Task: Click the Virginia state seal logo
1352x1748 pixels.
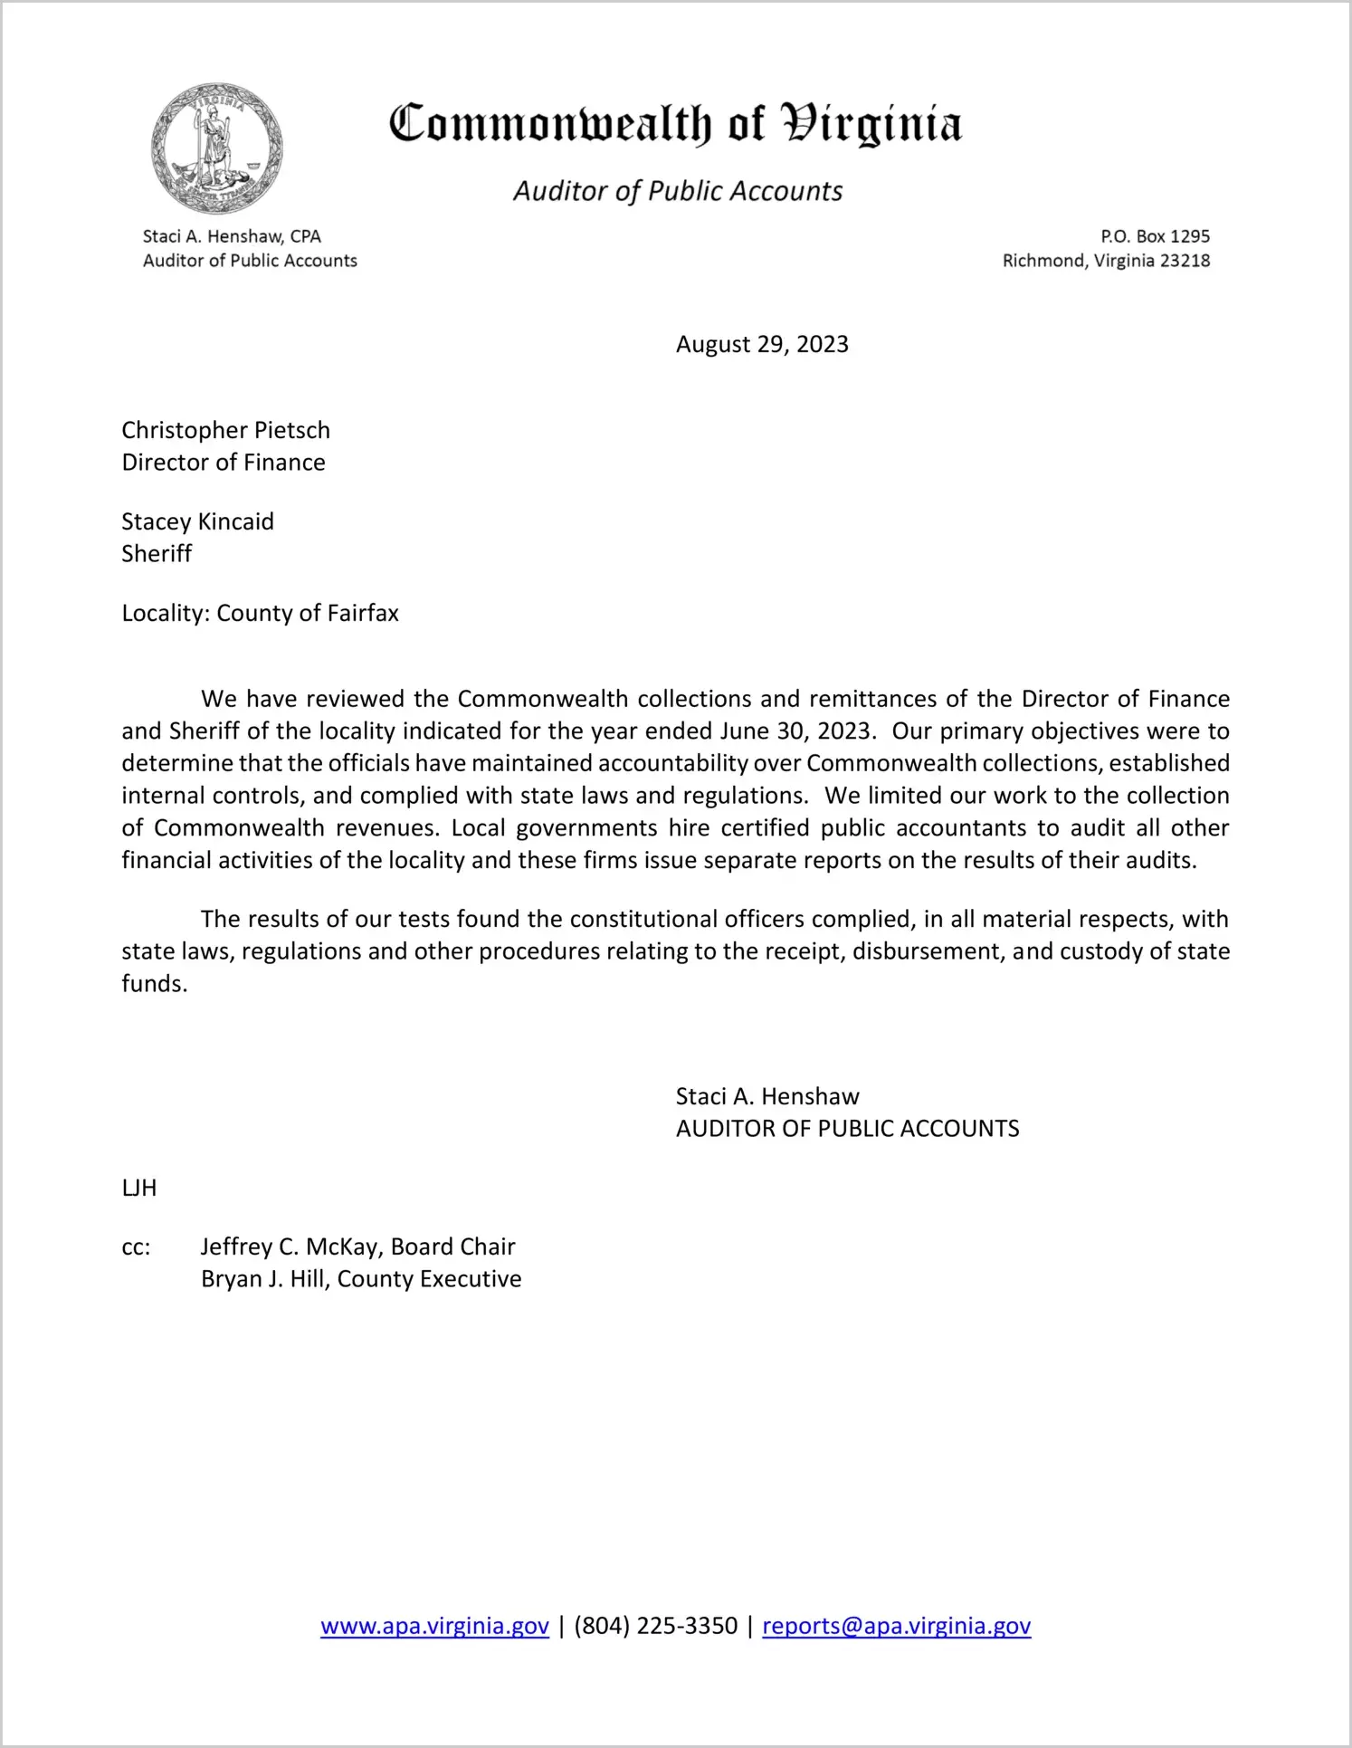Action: pyautogui.click(x=217, y=148)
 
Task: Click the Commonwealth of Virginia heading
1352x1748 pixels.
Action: pyautogui.click(x=675, y=124)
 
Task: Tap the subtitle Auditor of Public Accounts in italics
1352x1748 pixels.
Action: pyautogui.click(x=678, y=191)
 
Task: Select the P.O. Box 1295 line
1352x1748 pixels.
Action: pyautogui.click(x=1155, y=236)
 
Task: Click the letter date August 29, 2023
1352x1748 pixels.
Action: pyautogui.click(x=762, y=345)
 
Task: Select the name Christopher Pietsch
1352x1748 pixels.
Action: pyautogui.click(x=225, y=430)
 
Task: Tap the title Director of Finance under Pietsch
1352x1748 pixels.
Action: pyautogui.click(x=224, y=463)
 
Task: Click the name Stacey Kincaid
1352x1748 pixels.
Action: pyautogui.click(x=197, y=521)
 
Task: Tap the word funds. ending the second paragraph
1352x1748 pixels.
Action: pyautogui.click(x=155, y=984)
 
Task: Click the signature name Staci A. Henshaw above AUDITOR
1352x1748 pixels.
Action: pyautogui.click(x=767, y=1097)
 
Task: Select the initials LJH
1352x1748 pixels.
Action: pyautogui.click(x=139, y=1189)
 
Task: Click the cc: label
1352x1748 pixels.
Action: pyautogui.click(x=136, y=1247)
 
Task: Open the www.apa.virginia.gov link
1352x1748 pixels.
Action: pyautogui.click(x=434, y=1626)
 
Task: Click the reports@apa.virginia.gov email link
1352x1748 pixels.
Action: pyautogui.click(x=896, y=1626)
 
